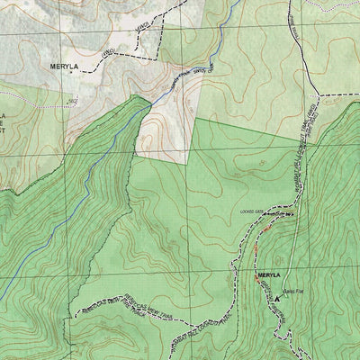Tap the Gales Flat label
tap(287, 292)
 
